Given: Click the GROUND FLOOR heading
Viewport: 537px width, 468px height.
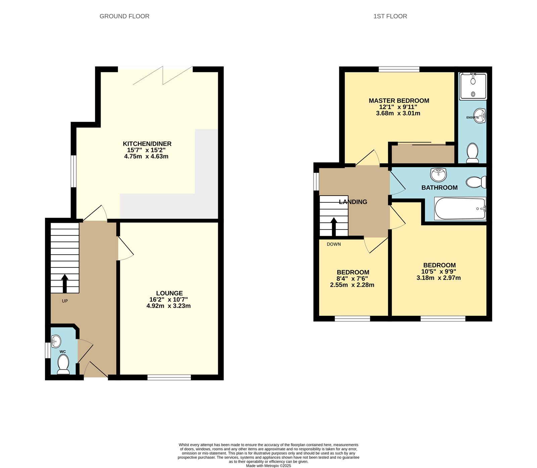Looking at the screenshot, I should coord(124,16).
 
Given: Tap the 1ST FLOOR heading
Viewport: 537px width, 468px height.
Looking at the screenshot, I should coord(390,16).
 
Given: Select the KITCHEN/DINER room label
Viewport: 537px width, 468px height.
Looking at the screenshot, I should coord(147,144).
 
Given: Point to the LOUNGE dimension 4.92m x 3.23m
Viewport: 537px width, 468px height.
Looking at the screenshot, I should coord(168,306).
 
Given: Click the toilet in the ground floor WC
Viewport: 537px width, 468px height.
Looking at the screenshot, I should coord(63,364).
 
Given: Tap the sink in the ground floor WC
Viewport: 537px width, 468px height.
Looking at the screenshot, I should coord(56,341).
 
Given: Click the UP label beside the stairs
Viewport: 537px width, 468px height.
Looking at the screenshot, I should coord(65,301).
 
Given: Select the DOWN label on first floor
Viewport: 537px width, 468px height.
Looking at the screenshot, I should coord(334,244).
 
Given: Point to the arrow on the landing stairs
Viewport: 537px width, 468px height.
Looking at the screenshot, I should coord(334,227).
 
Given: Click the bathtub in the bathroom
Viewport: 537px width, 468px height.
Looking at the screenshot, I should coord(460,208).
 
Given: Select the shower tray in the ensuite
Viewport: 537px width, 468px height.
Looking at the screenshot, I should coord(473,87).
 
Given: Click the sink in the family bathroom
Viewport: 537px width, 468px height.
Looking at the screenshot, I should coord(438,174).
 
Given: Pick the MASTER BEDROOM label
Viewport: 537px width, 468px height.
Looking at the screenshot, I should coord(399,101).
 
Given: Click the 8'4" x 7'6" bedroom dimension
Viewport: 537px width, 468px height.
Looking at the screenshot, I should coord(352,278).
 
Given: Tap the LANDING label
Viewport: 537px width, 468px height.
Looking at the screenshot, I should coord(353,202).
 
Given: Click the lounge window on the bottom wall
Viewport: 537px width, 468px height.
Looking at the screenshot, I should coord(169,377).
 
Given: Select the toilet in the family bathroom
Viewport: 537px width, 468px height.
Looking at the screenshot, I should coord(476,182).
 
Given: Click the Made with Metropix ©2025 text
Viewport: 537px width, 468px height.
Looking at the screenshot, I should coord(268,466).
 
